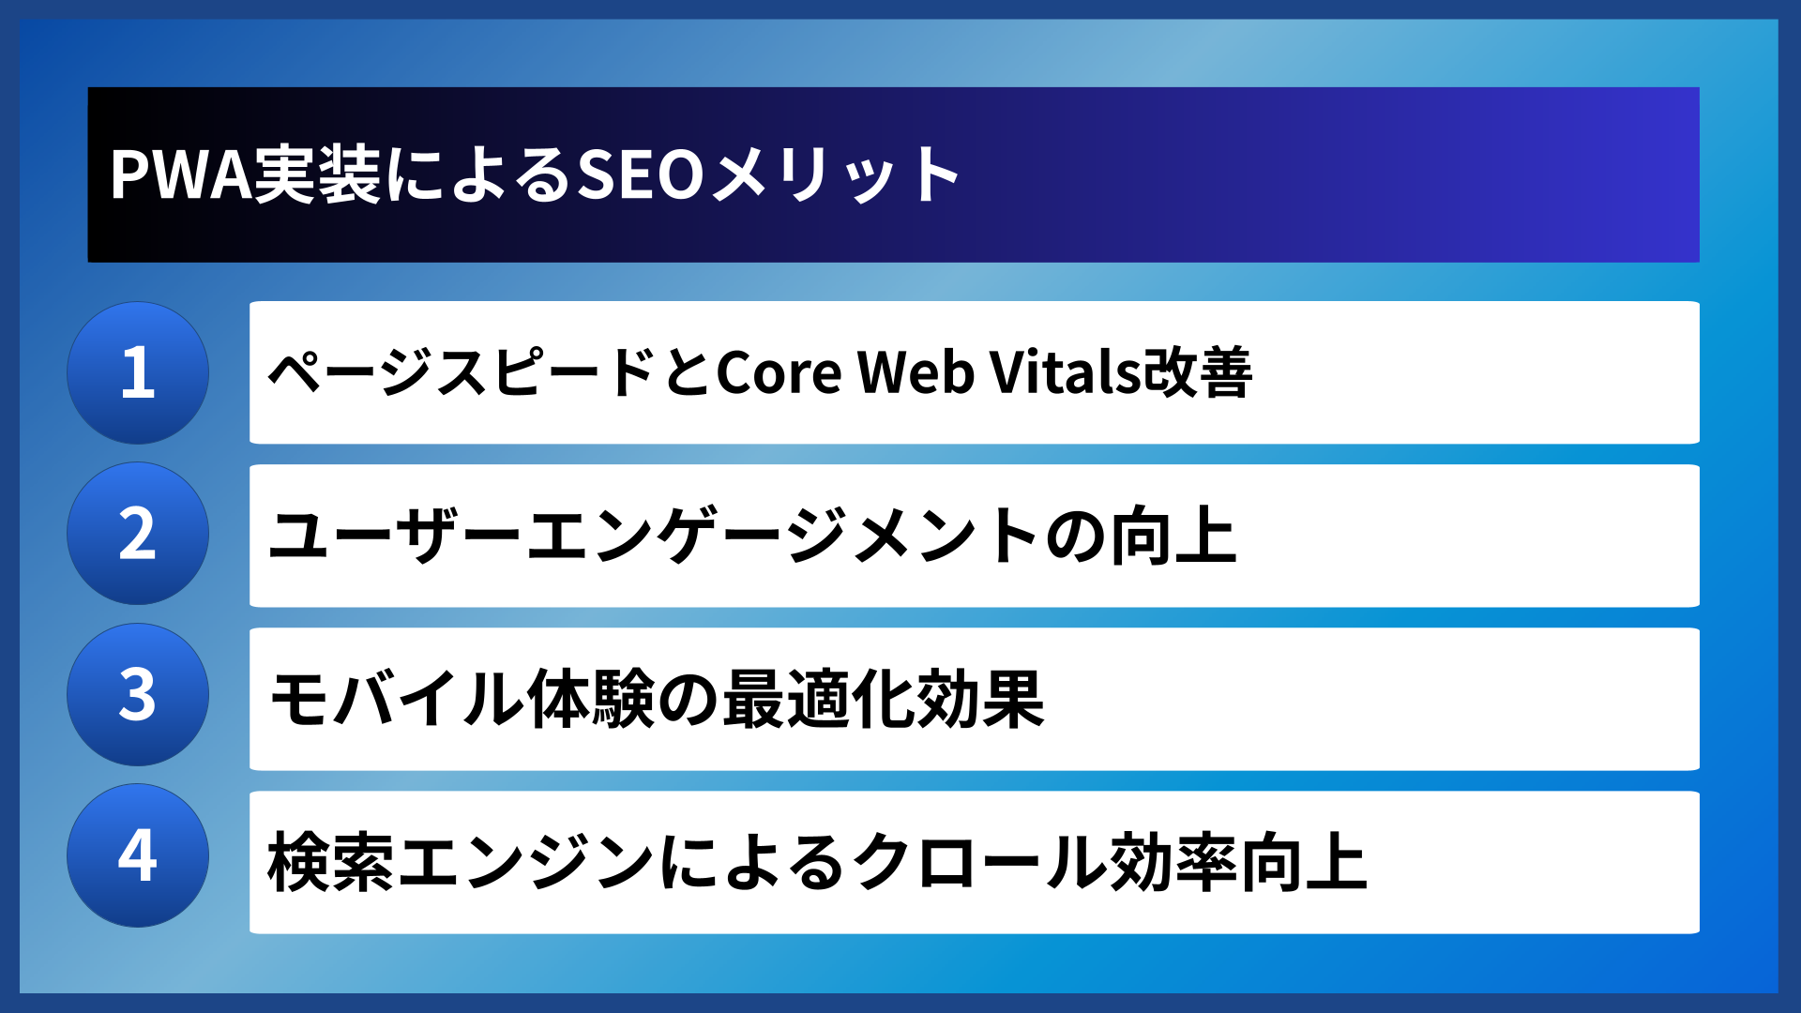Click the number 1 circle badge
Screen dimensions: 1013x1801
coord(138,372)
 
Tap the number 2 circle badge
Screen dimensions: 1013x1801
coord(138,534)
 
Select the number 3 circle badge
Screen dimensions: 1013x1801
coord(138,695)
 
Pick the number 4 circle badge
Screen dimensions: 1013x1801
coord(138,855)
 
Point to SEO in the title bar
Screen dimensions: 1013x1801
coord(640,175)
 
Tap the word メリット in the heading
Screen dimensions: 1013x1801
coord(835,175)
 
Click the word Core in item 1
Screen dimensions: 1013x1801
coord(779,372)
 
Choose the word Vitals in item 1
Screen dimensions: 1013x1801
coord(1066,372)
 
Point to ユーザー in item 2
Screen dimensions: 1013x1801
coord(395,536)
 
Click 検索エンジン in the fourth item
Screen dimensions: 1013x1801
coord(461,862)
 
